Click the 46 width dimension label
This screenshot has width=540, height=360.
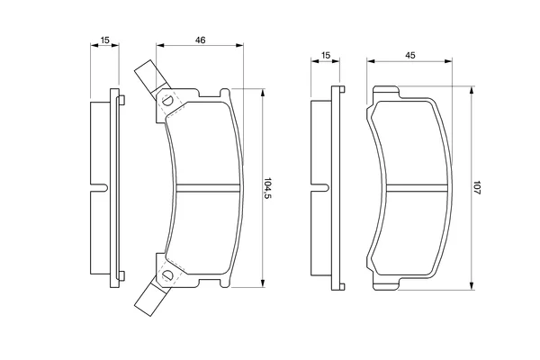[200, 40]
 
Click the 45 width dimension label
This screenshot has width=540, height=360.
[410, 55]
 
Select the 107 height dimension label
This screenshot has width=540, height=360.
[476, 188]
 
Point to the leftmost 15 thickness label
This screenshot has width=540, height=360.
[104, 40]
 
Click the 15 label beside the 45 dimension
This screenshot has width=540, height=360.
[325, 55]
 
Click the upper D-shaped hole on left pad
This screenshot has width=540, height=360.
[167, 101]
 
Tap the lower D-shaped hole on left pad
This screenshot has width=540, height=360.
[167, 274]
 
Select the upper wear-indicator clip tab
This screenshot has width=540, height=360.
[152, 78]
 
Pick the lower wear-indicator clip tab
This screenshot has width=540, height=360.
[152, 297]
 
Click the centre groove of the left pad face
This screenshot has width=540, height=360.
[208, 187]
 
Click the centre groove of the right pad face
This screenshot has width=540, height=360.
[418, 187]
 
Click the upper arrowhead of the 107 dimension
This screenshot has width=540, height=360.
[472, 91]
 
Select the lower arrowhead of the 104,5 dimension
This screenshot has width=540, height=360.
[263, 283]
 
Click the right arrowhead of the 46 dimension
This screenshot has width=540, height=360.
[239, 45]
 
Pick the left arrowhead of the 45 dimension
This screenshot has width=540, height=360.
[371, 61]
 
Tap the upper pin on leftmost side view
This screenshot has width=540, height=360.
[121, 100]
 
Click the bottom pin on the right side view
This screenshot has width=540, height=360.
[342, 286]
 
